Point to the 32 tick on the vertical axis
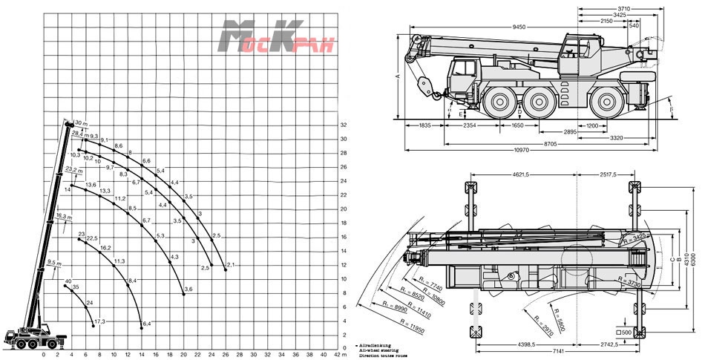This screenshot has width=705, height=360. (344, 125)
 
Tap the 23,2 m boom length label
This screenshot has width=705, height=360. (73, 170)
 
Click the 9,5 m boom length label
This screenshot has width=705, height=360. (53, 263)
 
